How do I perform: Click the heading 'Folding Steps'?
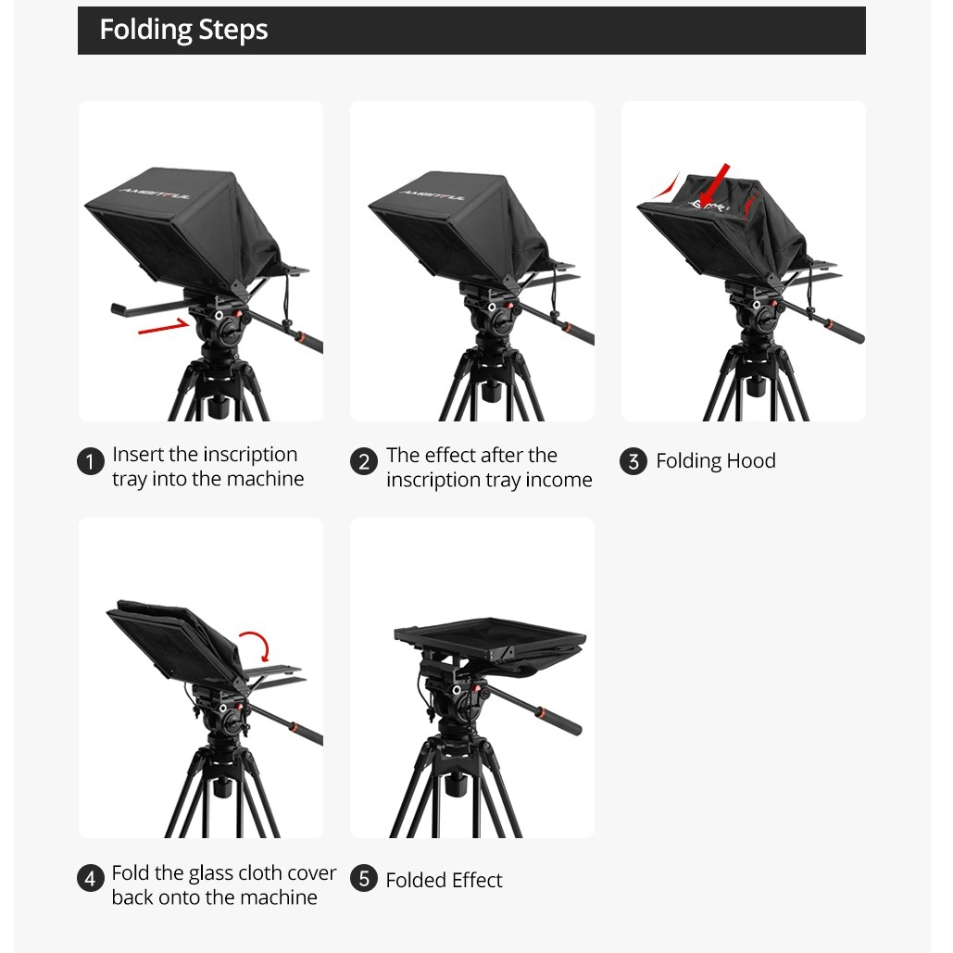point(183,30)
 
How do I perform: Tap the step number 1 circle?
point(91,461)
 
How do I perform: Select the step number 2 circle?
point(363,461)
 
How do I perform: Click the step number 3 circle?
point(633,461)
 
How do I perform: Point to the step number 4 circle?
point(91,878)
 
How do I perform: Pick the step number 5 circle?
point(363,878)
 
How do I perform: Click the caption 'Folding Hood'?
point(715,460)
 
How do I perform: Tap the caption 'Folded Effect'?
point(444,880)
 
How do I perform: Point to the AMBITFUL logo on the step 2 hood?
point(433,194)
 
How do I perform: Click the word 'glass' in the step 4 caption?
point(211,873)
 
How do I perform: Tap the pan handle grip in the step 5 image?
point(560,720)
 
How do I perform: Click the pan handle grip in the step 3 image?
point(846,331)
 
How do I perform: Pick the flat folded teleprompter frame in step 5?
point(490,639)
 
